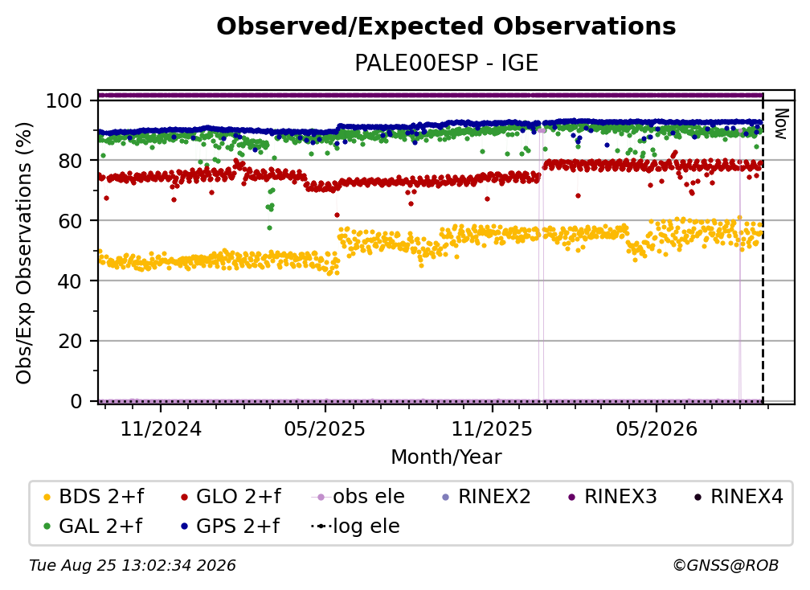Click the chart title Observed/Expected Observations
point(446,27)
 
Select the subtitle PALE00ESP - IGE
point(446,63)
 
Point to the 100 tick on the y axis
point(64,100)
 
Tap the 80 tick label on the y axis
point(70,161)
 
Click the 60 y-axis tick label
point(70,220)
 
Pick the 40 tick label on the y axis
point(70,281)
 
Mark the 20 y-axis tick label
point(70,341)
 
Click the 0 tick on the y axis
point(76,401)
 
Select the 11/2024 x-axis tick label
point(161,428)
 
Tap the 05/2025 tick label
point(325,428)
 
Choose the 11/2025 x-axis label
point(492,428)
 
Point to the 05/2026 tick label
point(656,428)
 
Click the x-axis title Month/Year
point(446,457)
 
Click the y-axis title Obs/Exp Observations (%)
point(24,253)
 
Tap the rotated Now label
point(780,124)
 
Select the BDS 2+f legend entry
point(94,497)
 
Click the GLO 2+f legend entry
point(231,497)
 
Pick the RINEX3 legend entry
point(612,497)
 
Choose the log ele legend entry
point(355,526)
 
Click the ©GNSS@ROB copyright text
point(726,565)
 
